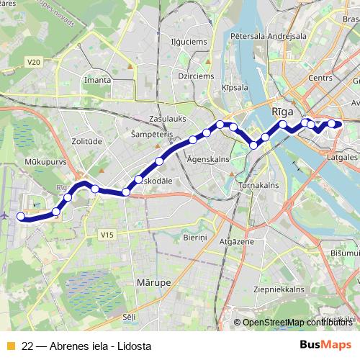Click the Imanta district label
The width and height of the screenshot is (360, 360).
98,80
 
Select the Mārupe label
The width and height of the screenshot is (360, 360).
153,284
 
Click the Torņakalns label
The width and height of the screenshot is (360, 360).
259,185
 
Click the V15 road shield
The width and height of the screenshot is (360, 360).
107,235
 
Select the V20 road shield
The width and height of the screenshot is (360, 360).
34,63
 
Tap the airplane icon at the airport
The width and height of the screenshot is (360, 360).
6,215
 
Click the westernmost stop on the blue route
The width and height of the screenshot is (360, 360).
21,217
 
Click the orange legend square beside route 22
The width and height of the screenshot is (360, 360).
10,346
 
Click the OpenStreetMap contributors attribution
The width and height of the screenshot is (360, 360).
295,323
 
